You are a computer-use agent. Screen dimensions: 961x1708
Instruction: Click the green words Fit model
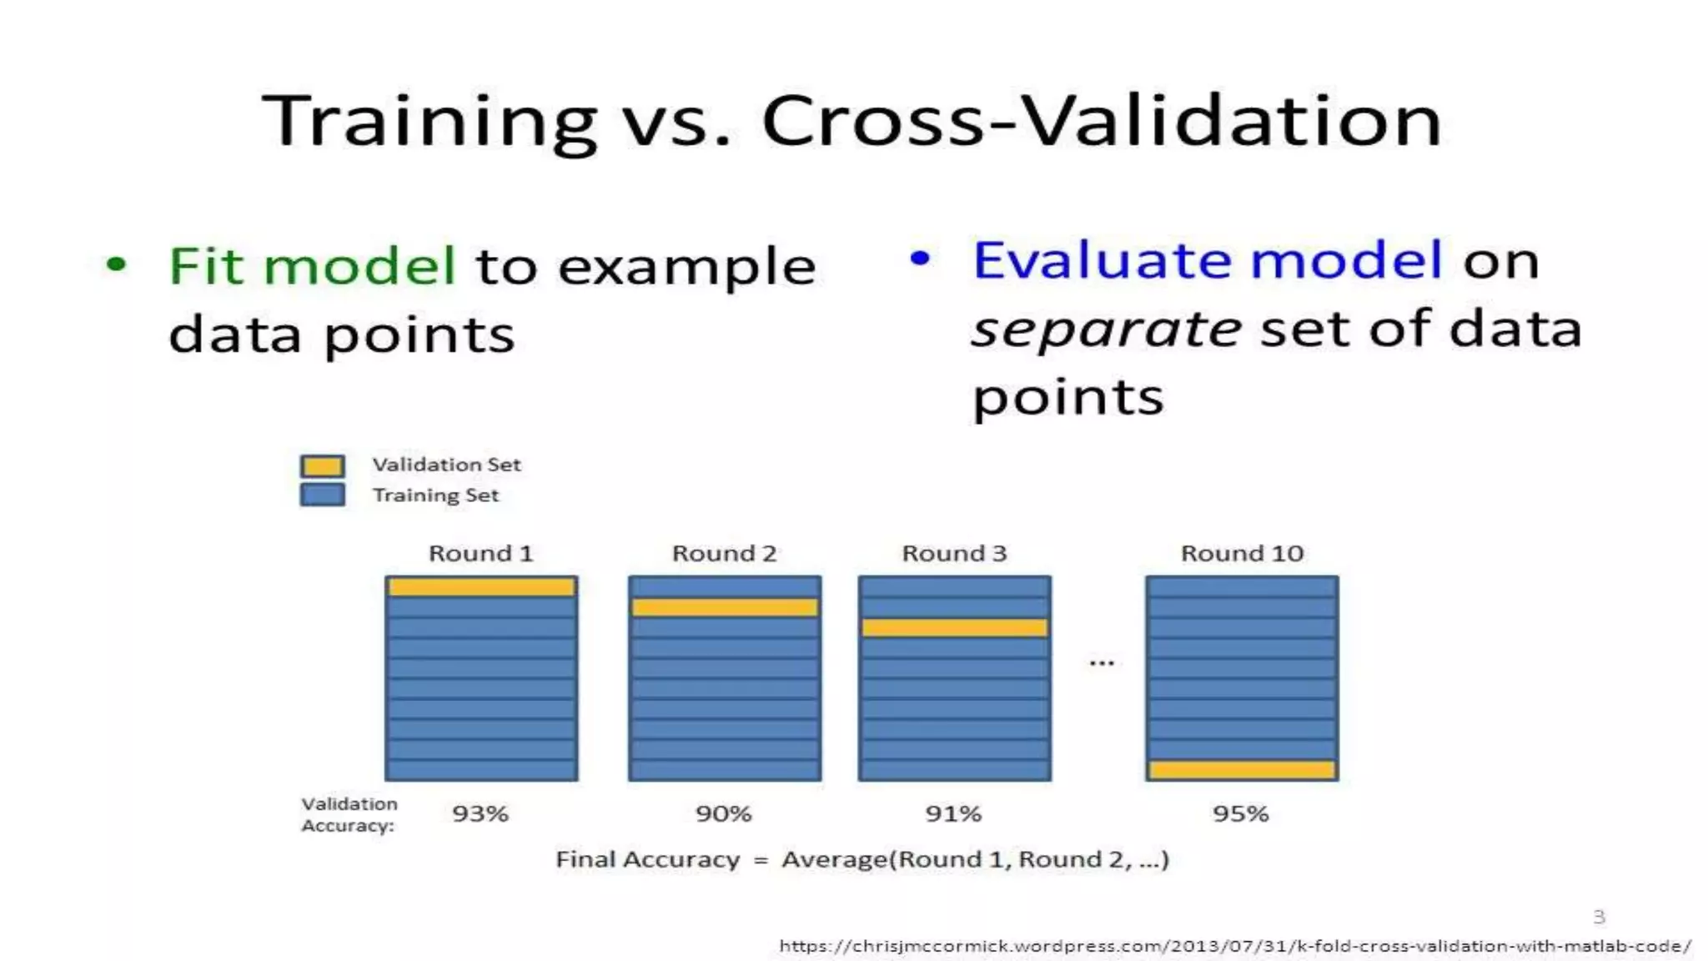click(x=313, y=266)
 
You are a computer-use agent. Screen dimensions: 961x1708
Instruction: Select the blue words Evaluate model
click(x=1207, y=259)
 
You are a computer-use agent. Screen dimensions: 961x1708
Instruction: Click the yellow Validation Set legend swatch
click(x=322, y=465)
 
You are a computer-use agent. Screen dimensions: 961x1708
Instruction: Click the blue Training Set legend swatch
click(x=322, y=495)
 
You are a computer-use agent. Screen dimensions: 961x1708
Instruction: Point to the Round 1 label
click(x=480, y=553)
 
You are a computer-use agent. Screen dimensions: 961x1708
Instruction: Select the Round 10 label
click(x=1242, y=553)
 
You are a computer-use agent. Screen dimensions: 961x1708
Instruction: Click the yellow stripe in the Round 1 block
click(x=481, y=587)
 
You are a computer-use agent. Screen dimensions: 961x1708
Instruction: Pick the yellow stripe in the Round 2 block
click(x=724, y=607)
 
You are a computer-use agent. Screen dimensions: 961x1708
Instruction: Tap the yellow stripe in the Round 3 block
click(x=954, y=627)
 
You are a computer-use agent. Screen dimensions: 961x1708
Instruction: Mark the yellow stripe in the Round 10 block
click(x=1242, y=769)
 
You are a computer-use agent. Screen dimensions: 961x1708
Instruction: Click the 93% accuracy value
click(x=480, y=813)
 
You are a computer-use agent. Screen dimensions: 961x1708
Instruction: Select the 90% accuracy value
click(x=724, y=813)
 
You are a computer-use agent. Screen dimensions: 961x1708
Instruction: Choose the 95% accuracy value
click(x=1241, y=813)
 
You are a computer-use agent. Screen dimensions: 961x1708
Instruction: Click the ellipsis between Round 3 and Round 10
click(x=1102, y=663)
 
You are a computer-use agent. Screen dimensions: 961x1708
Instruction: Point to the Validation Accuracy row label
click(x=349, y=814)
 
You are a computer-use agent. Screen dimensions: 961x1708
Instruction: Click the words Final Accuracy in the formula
click(x=647, y=859)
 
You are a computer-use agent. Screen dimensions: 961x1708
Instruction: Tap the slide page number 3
click(x=1599, y=917)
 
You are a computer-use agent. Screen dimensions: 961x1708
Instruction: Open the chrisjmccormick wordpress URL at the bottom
click(x=1234, y=946)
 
